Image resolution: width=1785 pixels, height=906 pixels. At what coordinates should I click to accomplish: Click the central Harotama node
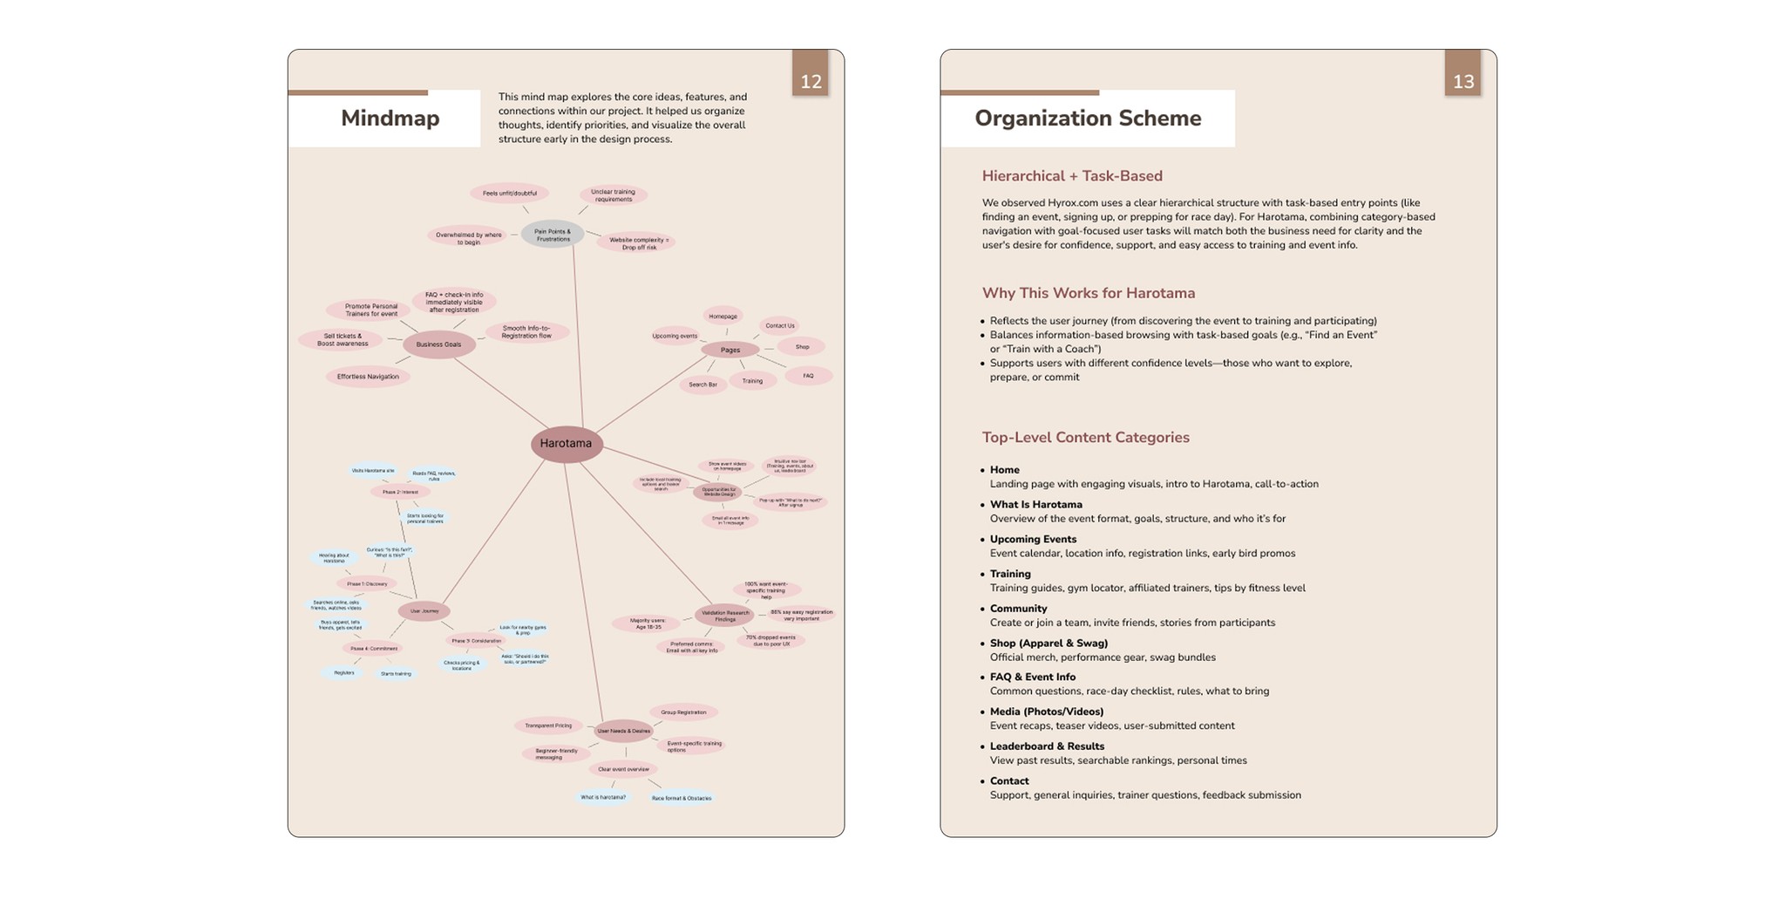(567, 444)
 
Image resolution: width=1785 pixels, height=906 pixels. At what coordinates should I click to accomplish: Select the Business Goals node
(438, 344)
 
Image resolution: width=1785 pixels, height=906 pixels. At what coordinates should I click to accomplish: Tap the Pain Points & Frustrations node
(553, 235)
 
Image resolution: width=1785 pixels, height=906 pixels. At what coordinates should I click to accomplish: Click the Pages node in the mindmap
(730, 350)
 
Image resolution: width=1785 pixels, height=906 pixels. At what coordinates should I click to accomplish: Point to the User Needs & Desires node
(623, 731)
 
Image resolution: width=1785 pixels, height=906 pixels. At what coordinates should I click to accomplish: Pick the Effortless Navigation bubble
(368, 377)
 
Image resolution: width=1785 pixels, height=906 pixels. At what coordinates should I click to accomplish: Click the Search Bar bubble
(702, 385)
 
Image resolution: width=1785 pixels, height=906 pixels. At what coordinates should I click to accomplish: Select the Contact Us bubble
(779, 326)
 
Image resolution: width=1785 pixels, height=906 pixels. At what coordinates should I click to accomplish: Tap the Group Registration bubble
(683, 712)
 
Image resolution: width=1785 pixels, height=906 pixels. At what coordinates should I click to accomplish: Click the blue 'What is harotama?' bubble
(603, 797)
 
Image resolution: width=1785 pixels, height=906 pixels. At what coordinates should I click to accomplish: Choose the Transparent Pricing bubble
(548, 725)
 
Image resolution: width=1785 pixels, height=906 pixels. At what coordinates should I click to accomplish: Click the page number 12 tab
(811, 81)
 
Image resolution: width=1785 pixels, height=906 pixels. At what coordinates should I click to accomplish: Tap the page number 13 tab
(1463, 81)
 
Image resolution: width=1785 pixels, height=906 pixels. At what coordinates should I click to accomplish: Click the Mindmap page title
(390, 119)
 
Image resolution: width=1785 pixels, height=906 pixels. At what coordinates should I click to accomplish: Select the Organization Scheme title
(1088, 119)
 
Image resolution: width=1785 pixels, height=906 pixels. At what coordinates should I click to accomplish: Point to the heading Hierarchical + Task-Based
(1072, 176)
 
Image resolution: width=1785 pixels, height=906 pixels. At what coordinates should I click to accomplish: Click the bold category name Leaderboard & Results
(1047, 746)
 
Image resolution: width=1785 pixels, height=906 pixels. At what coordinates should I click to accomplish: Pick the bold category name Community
(1018, 609)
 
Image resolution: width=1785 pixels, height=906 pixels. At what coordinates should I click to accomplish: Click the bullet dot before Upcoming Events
(982, 540)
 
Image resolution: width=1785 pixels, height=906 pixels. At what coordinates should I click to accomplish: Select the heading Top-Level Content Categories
(1085, 438)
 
